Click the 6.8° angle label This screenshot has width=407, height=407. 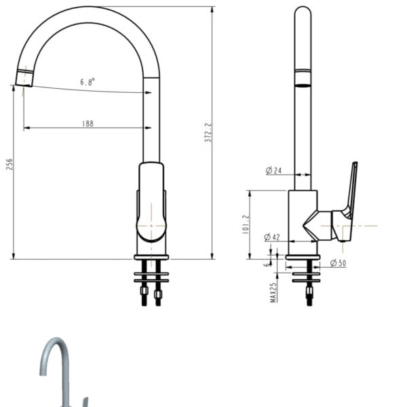click(x=88, y=81)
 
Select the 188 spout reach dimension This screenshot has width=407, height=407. click(x=88, y=123)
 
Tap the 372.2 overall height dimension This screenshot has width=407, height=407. click(x=208, y=133)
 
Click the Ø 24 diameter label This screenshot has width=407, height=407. click(x=273, y=170)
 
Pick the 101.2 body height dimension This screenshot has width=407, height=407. click(x=245, y=225)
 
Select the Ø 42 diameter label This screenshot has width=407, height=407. click(x=272, y=237)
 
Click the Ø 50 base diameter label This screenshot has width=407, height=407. click(x=338, y=263)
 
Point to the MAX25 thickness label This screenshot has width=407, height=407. click(x=273, y=292)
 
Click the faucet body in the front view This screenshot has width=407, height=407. click(x=151, y=203)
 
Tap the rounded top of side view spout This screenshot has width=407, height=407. click(x=303, y=12)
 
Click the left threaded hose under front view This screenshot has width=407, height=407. click(x=144, y=294)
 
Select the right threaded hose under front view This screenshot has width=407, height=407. click(x=158, y=294)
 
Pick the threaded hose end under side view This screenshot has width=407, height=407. click(x=309, y=293)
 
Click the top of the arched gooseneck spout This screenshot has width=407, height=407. click(x=88, y=14)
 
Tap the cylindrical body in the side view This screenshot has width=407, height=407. click(x=302, y=214)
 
